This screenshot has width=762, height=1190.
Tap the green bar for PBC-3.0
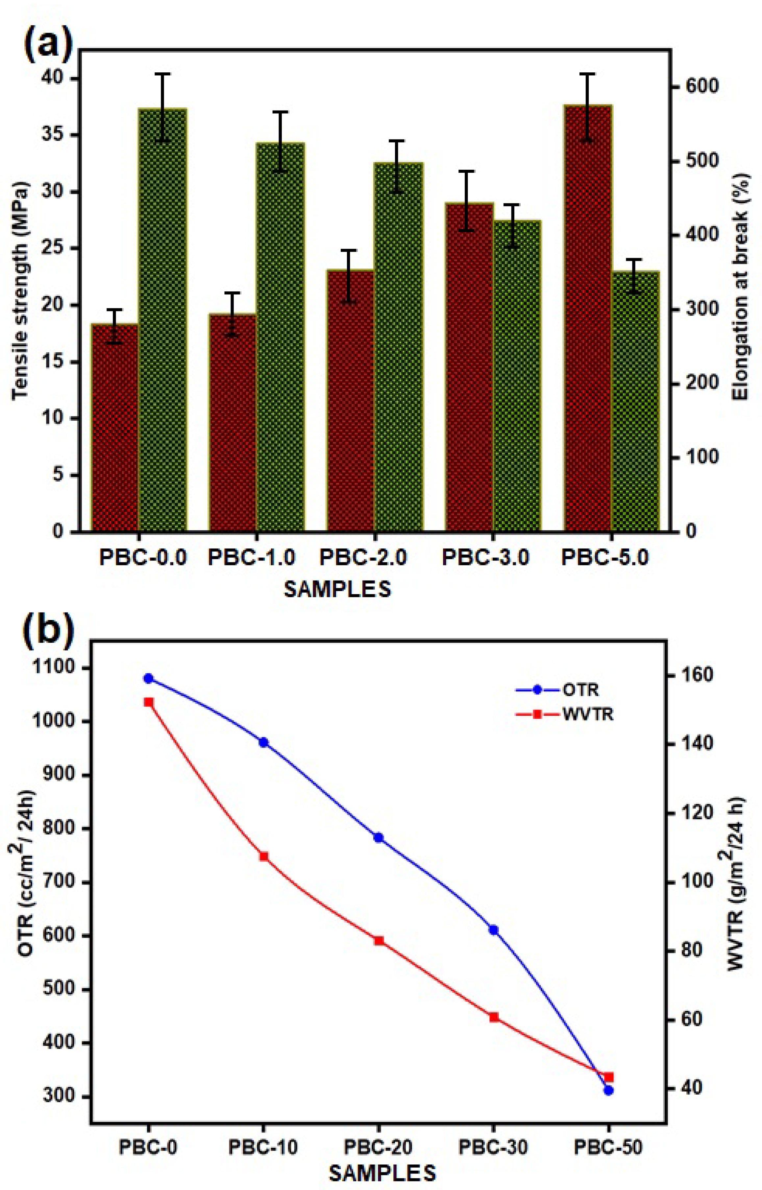(517, 376)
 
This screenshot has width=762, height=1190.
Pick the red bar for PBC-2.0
(350, 401)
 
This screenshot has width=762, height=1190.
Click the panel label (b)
(48, 628)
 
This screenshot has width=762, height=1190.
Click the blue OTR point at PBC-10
(263, 742)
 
